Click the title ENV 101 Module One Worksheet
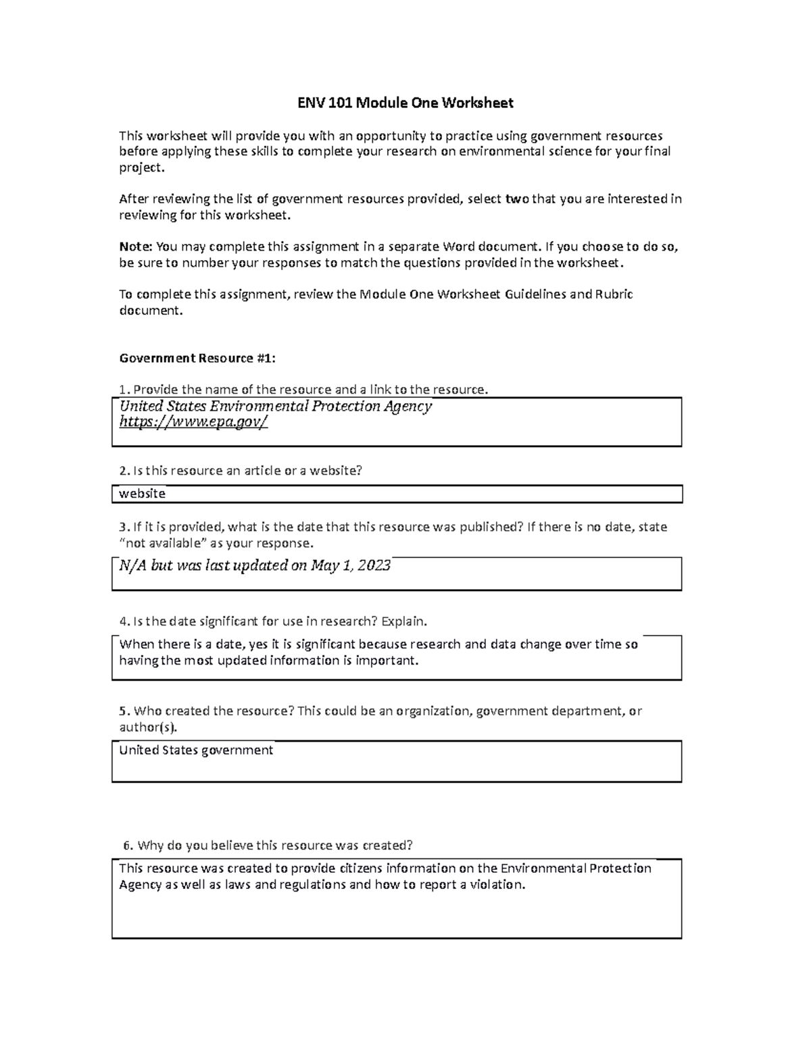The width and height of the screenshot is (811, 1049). (405, 103)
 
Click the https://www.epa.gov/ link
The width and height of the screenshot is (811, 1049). (193, 422)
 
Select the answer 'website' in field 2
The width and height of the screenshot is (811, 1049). (142, 494)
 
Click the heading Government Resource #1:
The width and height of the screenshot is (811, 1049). (197, 358)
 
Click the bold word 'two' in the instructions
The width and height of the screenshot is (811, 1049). (517, 199)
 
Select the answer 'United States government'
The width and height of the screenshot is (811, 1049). (196, 750)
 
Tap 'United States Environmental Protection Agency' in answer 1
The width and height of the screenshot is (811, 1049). (275, 406)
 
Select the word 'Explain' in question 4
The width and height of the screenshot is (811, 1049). (403, 621)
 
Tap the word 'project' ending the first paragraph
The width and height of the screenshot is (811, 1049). (141, 168)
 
